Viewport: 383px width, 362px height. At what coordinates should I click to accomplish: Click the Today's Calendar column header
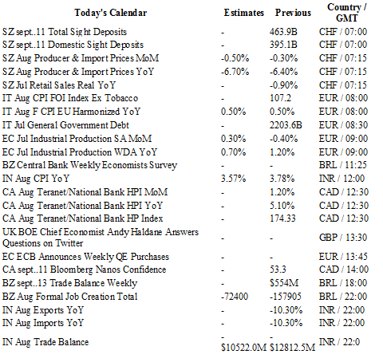coord(111,13)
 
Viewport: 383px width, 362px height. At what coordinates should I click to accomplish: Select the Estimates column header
coord(244,13)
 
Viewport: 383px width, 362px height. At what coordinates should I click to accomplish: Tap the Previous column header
coord(293,13)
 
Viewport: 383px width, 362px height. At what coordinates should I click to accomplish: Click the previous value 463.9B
coord(283,32)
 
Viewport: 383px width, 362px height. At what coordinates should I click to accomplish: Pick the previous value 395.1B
coord(283,45)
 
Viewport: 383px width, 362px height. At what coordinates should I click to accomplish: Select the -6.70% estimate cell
coord(235,72)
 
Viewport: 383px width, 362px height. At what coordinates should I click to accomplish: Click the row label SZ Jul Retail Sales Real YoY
coord(59,85)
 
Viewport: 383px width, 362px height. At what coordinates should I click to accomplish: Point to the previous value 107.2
coord(280,98)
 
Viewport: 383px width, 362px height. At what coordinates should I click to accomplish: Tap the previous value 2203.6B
coord(286,125)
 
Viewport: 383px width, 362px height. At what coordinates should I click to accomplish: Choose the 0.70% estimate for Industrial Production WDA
coord(233,152)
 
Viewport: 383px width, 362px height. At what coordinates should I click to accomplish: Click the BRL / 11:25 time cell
coord(343,165)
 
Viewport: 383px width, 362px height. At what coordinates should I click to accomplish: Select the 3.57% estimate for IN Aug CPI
coord(233,179)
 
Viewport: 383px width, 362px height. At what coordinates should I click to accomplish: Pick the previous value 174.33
coord(282,218)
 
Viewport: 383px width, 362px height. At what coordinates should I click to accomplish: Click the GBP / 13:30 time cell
coord(343,238)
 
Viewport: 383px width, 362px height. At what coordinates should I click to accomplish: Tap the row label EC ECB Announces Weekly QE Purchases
coord(85,257)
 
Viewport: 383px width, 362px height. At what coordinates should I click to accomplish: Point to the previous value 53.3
coord(278,270)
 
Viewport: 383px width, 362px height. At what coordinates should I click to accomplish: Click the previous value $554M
coord(284,283)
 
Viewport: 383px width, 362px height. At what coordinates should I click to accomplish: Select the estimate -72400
coord(235,297)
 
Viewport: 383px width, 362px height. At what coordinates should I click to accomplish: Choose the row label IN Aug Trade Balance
coord(45,342)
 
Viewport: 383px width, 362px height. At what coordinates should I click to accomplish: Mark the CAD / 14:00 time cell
coord(344,270)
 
